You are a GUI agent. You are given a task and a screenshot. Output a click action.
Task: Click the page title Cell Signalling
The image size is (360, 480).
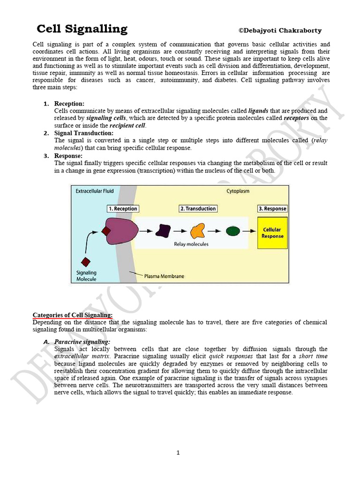tap(82, 29)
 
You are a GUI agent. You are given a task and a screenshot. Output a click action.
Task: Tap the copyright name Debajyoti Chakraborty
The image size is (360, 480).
tap(280, 31)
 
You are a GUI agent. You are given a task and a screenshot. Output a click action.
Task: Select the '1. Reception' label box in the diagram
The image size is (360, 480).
tap(123, 209)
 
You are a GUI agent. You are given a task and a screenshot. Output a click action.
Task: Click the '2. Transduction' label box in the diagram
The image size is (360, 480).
tap(198, 209)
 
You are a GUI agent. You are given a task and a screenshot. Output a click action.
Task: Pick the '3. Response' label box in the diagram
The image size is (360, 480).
tap(272, 209)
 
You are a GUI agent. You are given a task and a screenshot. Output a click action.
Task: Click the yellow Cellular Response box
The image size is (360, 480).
tap(272, 232)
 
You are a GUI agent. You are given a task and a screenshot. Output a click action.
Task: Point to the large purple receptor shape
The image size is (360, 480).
tap(121, 231)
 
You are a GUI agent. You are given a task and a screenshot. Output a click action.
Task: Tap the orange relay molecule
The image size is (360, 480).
tap(197, 231)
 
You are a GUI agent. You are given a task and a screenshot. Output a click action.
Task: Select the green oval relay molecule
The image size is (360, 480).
tap(232, 231)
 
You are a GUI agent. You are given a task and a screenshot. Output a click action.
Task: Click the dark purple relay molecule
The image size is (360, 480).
tap(163, 231)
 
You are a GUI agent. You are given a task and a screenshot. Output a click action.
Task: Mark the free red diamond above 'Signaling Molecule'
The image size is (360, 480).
tap(86, 262)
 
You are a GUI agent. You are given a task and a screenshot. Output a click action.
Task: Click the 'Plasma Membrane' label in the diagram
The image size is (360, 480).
tap(164, 276)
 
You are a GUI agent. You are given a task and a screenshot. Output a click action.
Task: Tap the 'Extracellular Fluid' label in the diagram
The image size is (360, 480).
tap(95, 191)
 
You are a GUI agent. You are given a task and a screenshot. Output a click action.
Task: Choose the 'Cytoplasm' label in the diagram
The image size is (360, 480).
tap(238, 191)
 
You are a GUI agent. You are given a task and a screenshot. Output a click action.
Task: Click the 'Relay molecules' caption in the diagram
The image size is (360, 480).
tap(191, 244)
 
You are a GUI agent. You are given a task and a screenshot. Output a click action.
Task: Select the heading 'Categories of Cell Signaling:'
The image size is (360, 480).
tap(73, 315)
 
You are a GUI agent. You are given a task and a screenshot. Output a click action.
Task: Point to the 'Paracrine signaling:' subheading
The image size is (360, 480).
tap(82, 342)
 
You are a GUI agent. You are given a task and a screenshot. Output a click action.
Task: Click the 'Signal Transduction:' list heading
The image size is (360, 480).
tap(84, 133)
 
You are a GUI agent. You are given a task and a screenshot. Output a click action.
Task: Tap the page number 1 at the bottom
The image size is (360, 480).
tap(178, 452)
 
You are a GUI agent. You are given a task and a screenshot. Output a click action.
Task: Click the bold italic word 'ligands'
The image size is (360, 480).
tap(258, 111)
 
